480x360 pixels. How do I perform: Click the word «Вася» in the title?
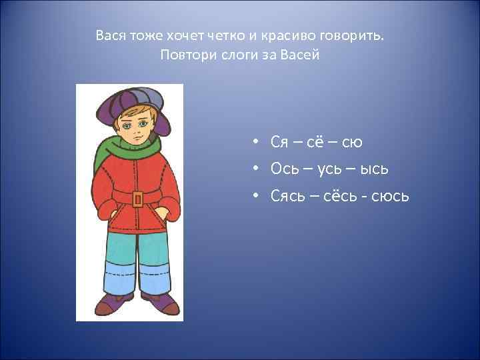point(109,35)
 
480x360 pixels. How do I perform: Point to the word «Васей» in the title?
point(302,55)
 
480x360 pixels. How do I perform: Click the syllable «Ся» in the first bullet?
point(279,142)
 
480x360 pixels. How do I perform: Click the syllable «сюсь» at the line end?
point(391,197)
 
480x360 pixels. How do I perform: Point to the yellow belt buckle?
point(137,199)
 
